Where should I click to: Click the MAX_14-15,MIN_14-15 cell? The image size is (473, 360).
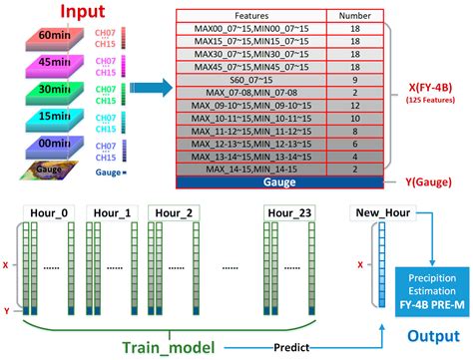point(236,171)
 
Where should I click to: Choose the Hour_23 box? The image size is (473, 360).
point(293,213)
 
